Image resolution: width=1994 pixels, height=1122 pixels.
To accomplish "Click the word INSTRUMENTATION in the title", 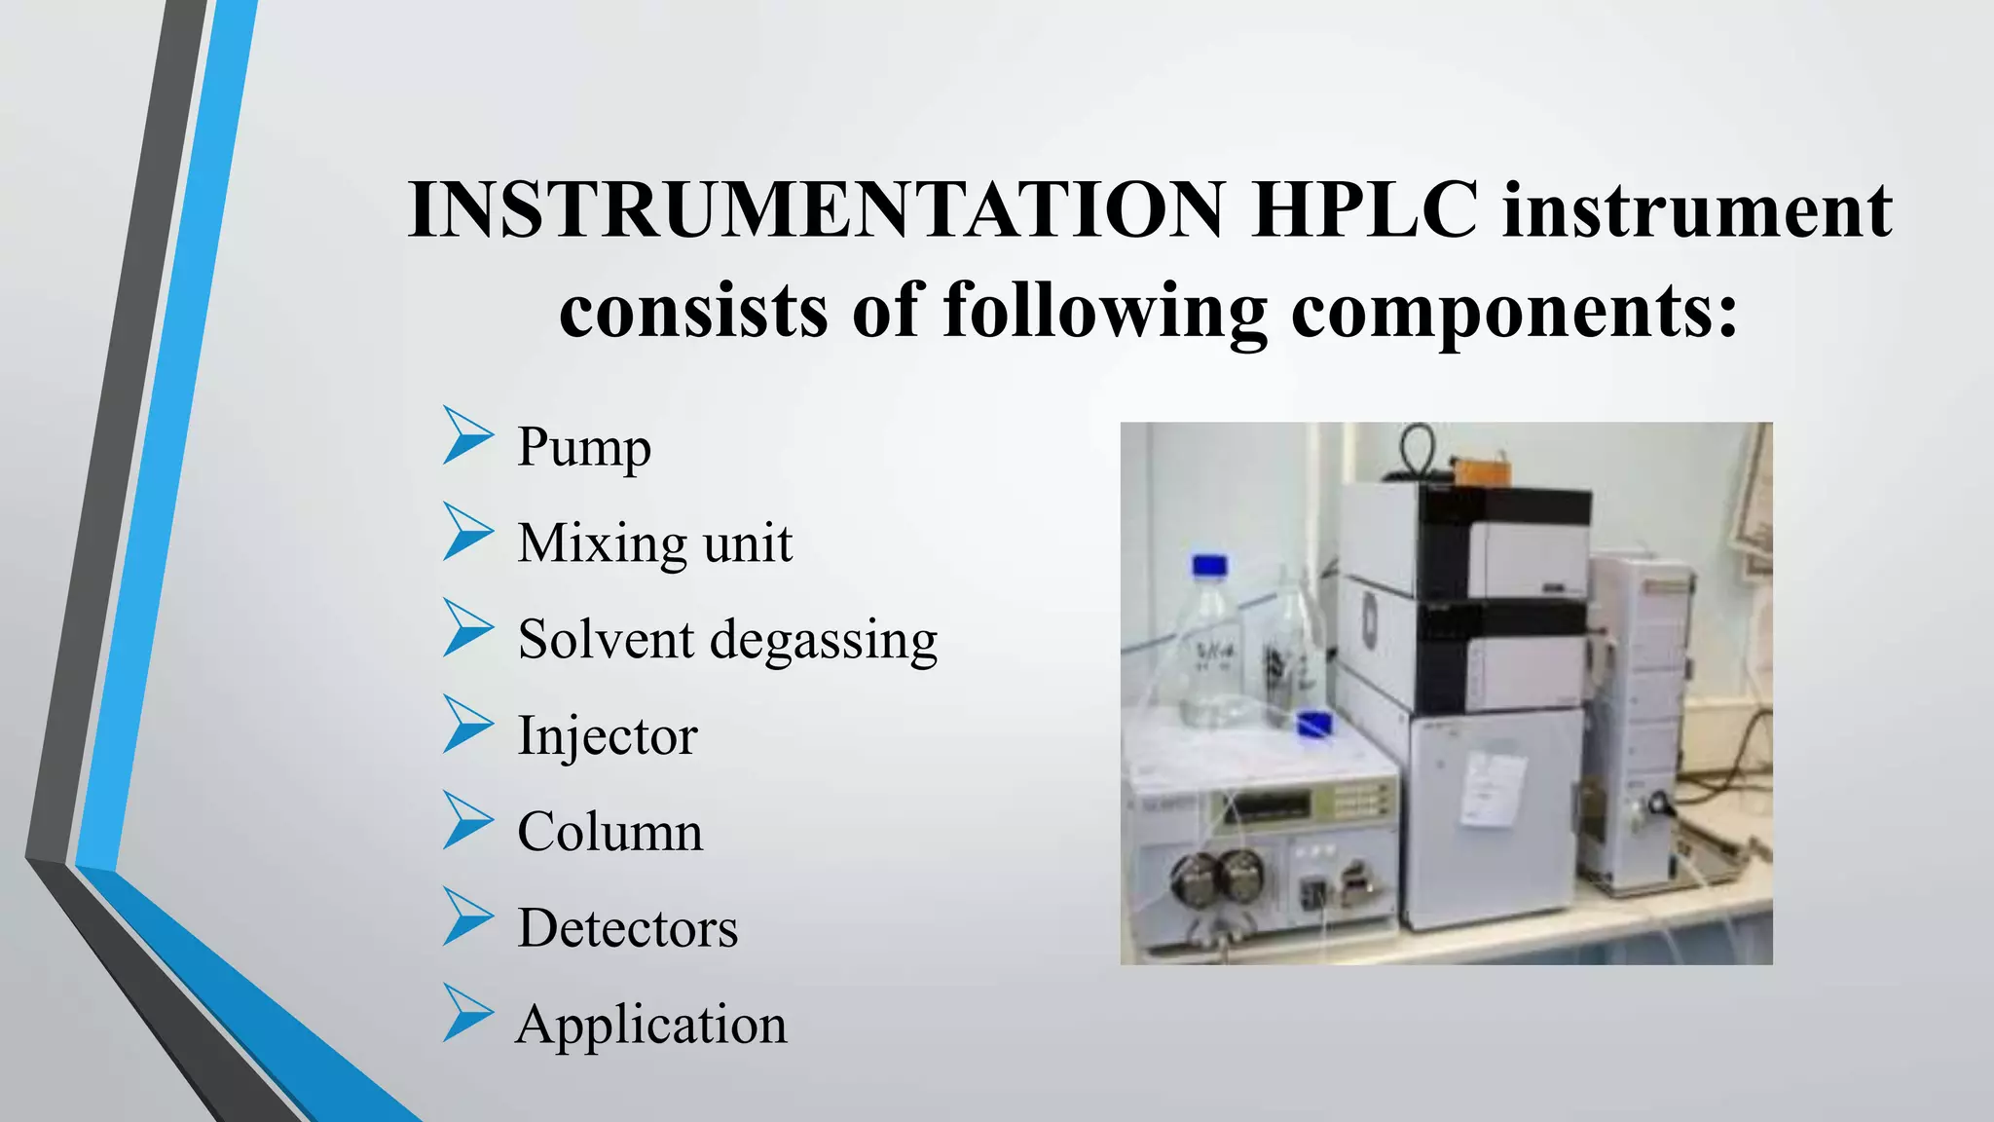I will [x=816, y=210].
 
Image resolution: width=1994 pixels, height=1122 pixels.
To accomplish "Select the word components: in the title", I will [x=1514, y=311].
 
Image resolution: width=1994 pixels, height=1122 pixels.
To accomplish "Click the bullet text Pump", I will [x=583, y=447].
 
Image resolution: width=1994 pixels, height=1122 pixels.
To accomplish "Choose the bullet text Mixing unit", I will [x=654, y=542].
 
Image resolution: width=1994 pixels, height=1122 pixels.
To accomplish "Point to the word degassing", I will [x=823, y=640].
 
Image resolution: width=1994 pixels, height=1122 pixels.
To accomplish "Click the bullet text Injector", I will [x=607, y=735].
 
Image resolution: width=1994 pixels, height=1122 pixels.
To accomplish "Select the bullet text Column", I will [x=609, y=832].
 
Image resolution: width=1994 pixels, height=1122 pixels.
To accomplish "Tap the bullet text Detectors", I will [x=627, y=928].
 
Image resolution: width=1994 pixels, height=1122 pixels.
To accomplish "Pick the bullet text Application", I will [x=650, y=1025].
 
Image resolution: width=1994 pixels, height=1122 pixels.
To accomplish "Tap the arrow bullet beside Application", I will [x=467, y=1013].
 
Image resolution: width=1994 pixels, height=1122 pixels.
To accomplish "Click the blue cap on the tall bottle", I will [x=1209, y=566].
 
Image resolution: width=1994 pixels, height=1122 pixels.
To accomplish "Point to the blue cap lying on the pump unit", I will [x=1314, y=723].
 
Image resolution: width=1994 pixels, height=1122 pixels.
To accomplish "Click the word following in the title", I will [x=1104, y=311].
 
